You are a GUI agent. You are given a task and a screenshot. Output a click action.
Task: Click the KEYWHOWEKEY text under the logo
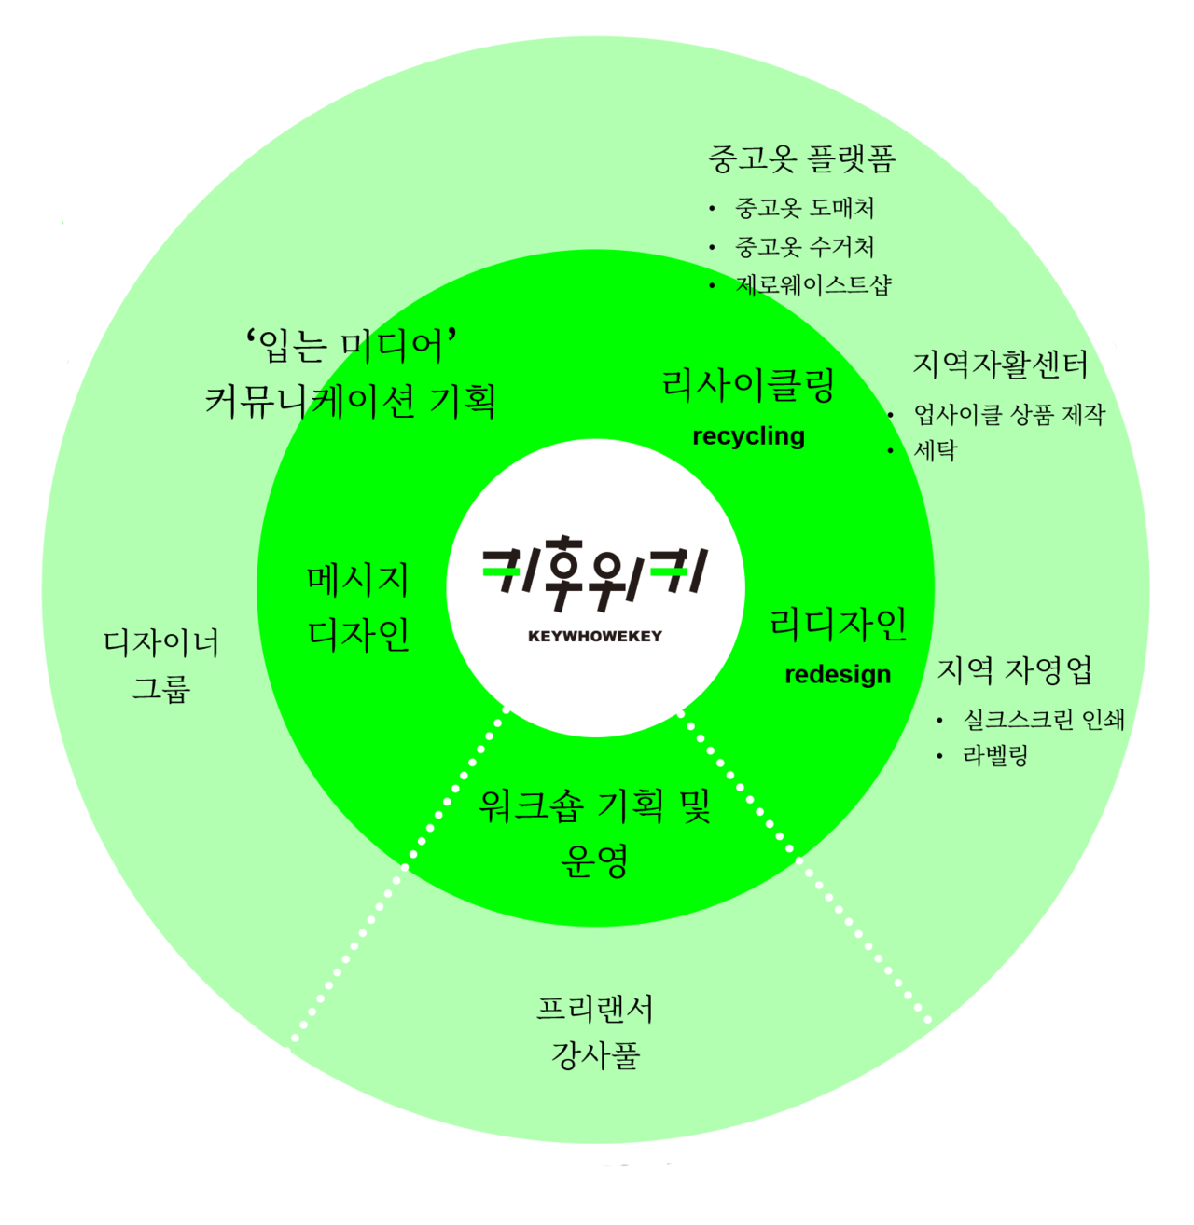tap(595, 636)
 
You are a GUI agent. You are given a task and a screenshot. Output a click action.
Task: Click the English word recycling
tap(748, 436)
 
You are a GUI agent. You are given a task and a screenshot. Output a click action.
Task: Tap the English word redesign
tap(838, 674)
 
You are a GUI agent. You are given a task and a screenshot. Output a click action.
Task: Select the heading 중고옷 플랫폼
tap(802, 159)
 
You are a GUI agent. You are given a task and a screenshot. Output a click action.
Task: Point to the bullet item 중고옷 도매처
tap(804, 208)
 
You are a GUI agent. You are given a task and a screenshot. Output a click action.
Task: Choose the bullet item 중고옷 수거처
tap(804, 247)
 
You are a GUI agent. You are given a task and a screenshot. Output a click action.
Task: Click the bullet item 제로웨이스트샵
tap(813, 284)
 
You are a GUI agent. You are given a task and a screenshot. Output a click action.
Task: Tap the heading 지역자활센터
tap(1000, 365)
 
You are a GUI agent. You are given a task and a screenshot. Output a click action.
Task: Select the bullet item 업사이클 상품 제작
tap(1009, 414)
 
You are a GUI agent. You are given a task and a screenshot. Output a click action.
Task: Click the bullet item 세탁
tap(936, 451)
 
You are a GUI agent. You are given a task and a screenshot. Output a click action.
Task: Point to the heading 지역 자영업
tap(1014, 670)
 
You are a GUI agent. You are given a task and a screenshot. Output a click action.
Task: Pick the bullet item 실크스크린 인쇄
tap(1043, 720)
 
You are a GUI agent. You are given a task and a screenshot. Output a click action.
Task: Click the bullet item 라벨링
tap(995, 755)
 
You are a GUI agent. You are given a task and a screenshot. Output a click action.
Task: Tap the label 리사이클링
tap(748, 385)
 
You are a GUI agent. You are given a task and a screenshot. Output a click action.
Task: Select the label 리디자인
tap(838, 624)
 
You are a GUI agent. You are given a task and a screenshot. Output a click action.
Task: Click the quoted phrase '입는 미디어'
tap(351, 346)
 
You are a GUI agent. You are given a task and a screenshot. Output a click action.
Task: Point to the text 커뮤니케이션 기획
tap(351, 401)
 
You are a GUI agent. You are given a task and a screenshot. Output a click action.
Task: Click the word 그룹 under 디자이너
tap(161, 689)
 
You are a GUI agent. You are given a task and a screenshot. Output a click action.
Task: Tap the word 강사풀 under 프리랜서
tap(595, 1056)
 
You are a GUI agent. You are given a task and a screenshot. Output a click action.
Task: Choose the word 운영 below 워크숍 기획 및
tap(595, 860)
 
